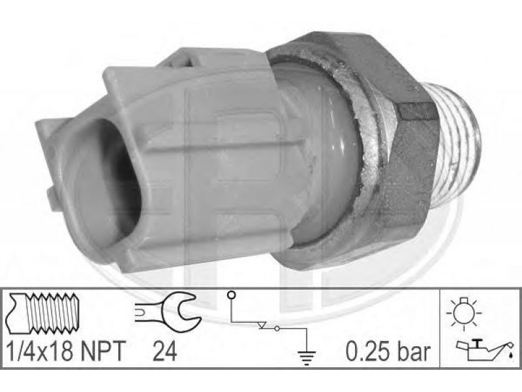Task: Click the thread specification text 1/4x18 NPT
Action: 66,351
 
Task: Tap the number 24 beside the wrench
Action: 164,351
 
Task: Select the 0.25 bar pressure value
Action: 388,351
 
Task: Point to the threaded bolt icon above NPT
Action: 42,313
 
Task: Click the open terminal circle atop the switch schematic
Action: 232,295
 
